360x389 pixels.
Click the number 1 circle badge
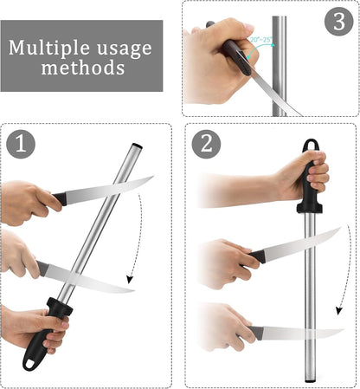coord(21,144)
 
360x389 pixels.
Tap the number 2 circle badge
coord(206,144)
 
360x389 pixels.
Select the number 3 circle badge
coord(339,22)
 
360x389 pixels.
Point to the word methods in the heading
coord(83,68)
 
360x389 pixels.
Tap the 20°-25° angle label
coord(261,40)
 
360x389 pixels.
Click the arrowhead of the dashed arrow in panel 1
coord(130,280)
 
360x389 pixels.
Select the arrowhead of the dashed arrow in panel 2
coord(339,311)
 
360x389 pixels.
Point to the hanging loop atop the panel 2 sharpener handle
coord(311,144)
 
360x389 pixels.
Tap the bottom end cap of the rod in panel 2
coord(311,381)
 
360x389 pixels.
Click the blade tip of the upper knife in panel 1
coord(153,176)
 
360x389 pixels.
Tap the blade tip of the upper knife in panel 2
coord(341,228)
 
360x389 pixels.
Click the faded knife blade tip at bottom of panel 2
coord(344,330)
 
